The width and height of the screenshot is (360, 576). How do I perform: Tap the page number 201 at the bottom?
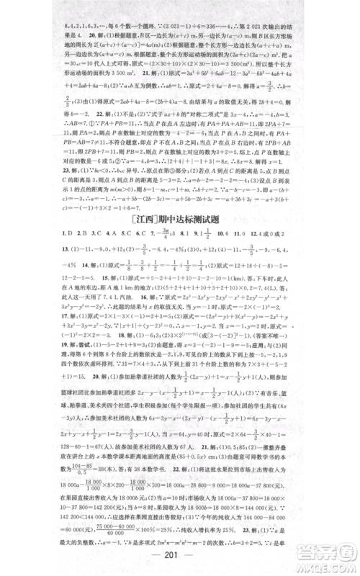coord(180,560)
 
